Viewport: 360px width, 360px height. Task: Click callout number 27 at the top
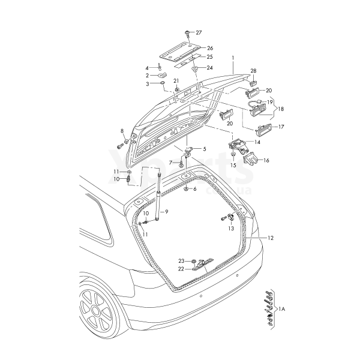pos(199,32)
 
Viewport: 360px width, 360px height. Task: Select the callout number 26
pos(210,47)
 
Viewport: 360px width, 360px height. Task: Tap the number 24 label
pos(209,67)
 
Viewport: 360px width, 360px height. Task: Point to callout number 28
pos(253,71)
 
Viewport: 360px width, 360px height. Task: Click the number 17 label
pos(281,127)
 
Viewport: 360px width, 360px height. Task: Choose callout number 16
pos(266,160)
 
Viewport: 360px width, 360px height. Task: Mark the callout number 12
pos(270,238)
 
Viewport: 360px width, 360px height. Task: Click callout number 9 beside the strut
pos(167,212)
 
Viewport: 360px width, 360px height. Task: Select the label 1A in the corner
pos(283,308)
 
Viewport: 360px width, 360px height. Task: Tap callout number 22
pos(181,269)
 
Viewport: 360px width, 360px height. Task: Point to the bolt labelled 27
pos(188,32)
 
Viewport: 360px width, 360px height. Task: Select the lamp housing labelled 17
pos(263,129)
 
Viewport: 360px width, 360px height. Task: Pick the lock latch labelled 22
pos(203,265)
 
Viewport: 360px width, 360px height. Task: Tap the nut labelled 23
pos(194,261)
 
